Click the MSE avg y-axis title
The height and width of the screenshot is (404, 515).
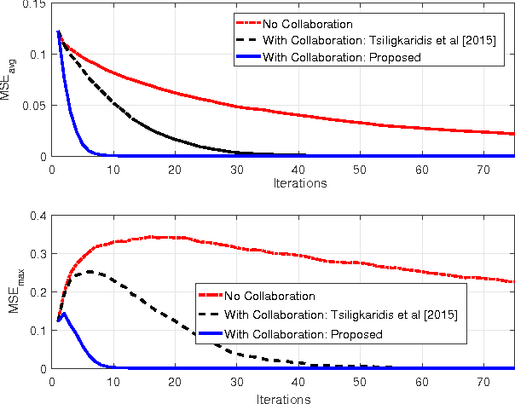click(11, 80)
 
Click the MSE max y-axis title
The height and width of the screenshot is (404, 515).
click(11, 292)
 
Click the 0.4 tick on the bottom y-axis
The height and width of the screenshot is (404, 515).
click(39, 216)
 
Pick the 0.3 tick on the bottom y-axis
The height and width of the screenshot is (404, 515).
click(39, 254)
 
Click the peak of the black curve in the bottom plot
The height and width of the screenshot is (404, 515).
click(89, 272)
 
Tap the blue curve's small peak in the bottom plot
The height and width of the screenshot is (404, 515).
click(62, 313)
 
